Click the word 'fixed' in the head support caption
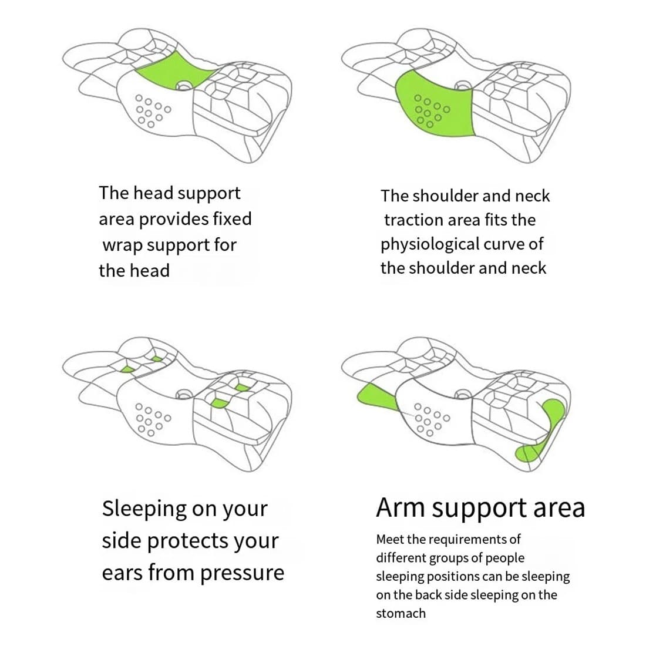[231, 219]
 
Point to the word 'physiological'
[429, 244]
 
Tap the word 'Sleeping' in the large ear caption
[144, 509]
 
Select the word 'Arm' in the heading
[401, 508]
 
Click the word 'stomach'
[401, 614]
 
